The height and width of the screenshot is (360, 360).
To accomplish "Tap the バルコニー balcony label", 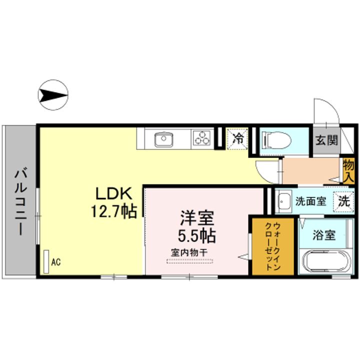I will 20,202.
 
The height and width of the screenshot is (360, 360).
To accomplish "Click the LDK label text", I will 113,194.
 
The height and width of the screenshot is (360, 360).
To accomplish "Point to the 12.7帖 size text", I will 113,212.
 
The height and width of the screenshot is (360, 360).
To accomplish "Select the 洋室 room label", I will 197,218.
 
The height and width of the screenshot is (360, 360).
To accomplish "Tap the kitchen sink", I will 163,138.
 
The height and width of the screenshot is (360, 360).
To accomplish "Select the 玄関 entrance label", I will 326,140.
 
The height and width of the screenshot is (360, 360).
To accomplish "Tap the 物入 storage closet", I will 348,170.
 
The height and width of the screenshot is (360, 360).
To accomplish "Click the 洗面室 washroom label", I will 310,201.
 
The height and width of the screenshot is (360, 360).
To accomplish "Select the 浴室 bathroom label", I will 323,235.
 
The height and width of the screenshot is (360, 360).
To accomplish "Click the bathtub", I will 323,261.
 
